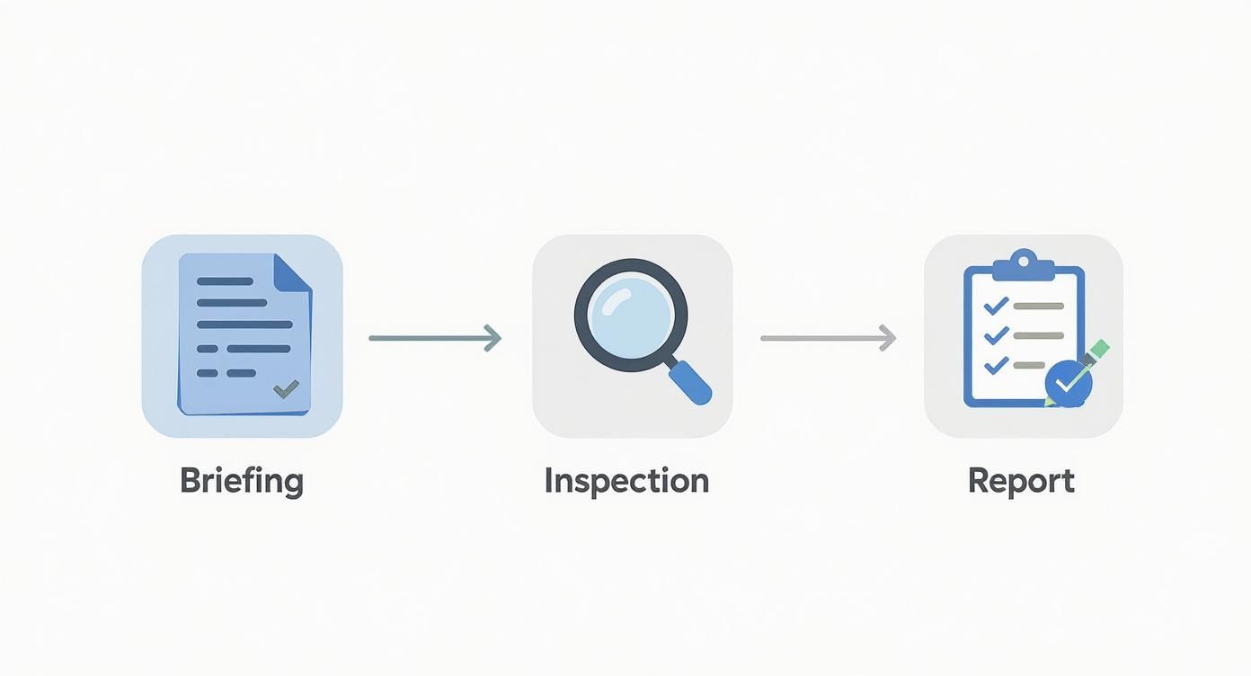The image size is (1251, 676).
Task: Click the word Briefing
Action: pos(241,481)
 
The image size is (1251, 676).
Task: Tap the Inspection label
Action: pos(626,481)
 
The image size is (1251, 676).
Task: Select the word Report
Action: pos(1021,481)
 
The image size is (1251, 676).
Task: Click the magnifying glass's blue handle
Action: pos(691,382)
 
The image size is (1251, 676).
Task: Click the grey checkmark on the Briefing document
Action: pos(286,388)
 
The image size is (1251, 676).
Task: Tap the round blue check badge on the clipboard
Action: pos(1069,384)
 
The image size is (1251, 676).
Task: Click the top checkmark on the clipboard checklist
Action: pos(996,306)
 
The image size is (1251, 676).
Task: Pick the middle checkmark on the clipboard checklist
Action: pos(996,335)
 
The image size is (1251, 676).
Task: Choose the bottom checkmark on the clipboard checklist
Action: pos(996,365)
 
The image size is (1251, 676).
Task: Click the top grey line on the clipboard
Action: pos(1039,306)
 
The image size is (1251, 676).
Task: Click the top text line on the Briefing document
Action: pos(225,281)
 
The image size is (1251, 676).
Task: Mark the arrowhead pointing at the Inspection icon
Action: pos(492,338)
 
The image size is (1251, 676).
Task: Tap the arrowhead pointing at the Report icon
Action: pos(888,338)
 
